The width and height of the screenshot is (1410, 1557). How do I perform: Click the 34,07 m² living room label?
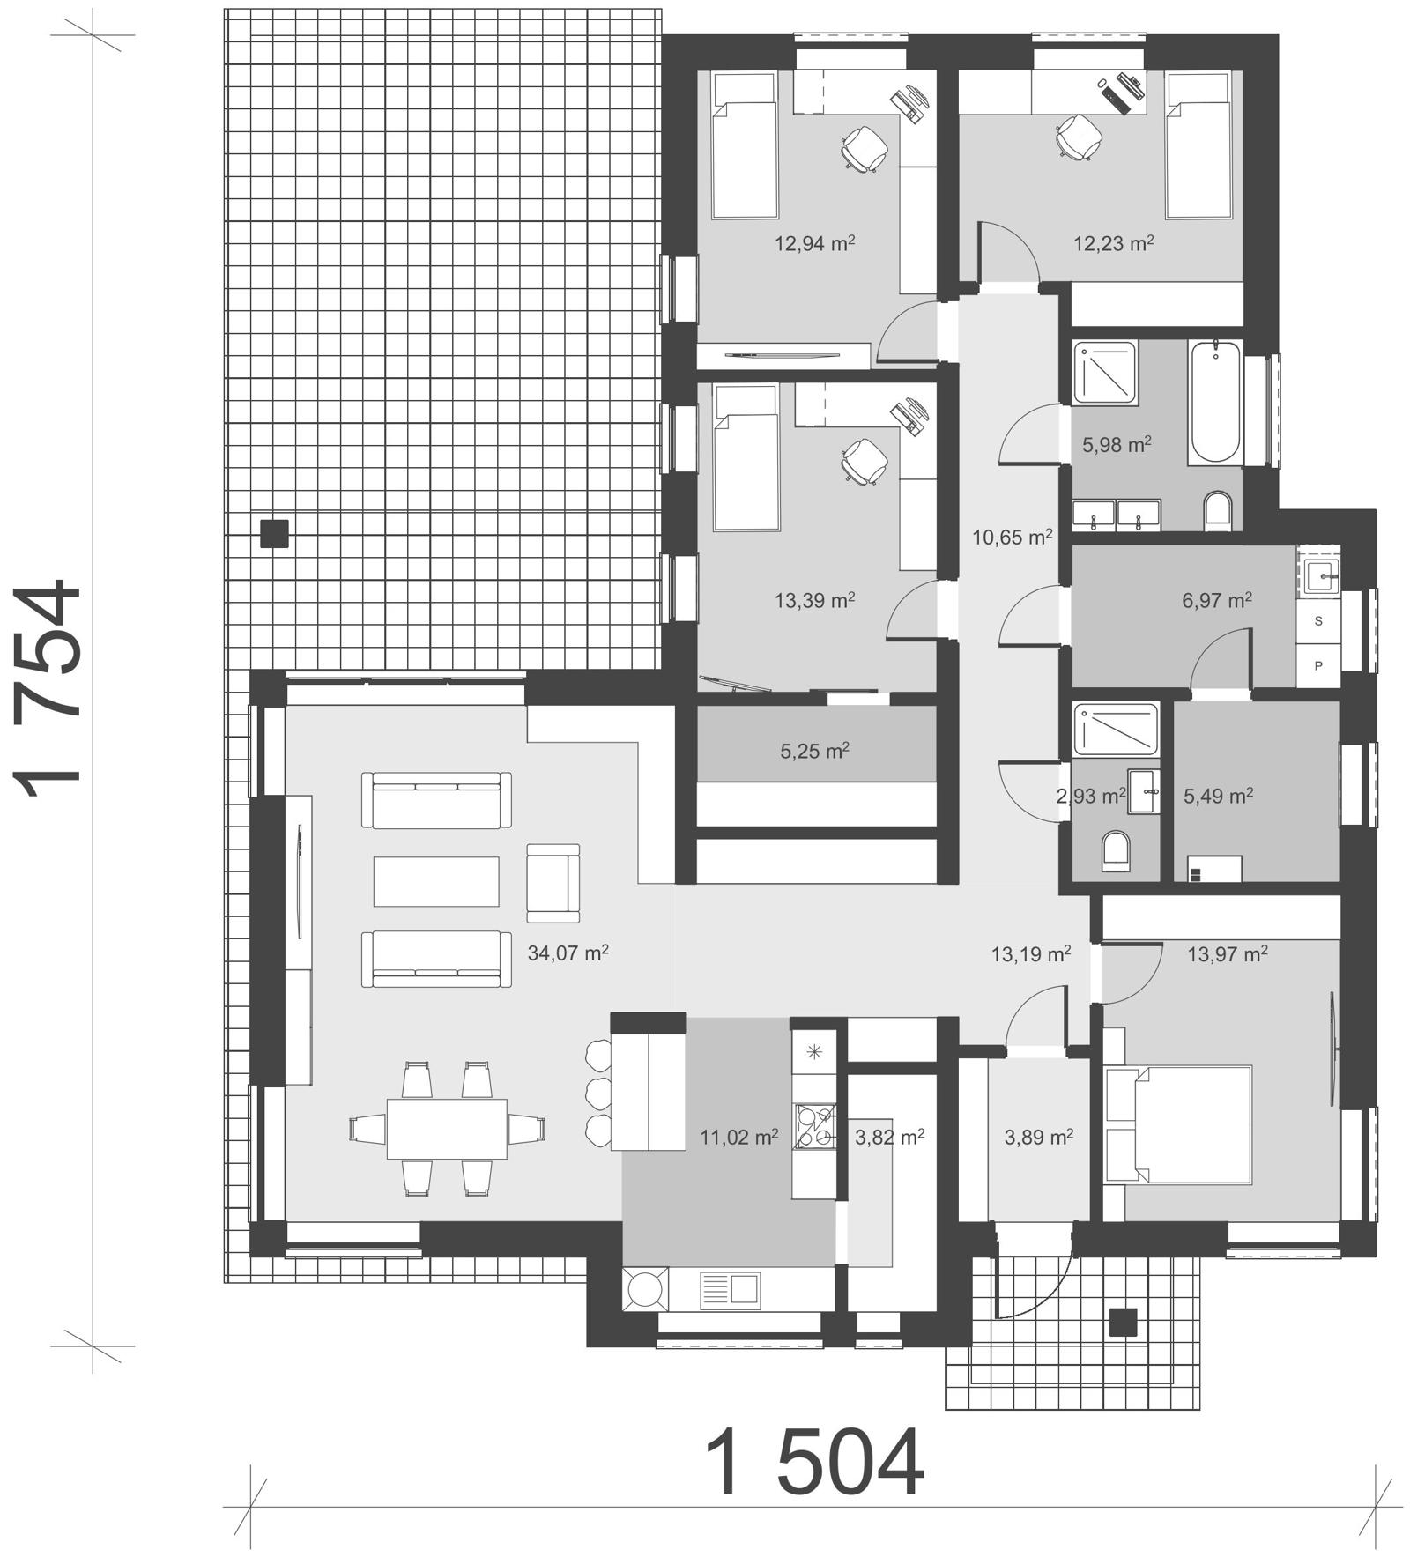click(x=568, y=953)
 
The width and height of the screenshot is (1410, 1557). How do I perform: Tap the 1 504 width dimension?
click(x=815, y=1464)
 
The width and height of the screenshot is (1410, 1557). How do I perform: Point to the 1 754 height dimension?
click(x=48, y=687)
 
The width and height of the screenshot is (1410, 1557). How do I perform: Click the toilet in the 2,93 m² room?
click(x=1116, y=850)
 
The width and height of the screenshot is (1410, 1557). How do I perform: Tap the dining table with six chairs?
click(x=446, y=1128)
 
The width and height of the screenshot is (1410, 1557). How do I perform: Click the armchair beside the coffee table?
click(x=553, y=883)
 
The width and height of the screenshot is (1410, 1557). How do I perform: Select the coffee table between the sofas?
click(x=436, y=881)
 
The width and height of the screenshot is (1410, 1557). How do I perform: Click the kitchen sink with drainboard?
click(x=730, y=1290)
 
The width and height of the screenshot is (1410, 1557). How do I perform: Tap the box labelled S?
click(x=1318, y=620)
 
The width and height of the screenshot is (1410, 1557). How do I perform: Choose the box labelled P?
click(x=1318, y=665)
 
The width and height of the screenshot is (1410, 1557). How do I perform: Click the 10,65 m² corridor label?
click(x=1012, y=537)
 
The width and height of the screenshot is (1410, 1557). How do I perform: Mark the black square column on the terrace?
click(x=274, y=534)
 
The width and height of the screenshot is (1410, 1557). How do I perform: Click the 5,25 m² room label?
click(x=814, y=752)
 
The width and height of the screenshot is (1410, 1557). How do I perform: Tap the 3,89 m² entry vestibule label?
click(x=1038, y=1138)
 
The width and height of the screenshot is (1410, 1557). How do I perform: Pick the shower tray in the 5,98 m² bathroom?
click(x=1105, y=373)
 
